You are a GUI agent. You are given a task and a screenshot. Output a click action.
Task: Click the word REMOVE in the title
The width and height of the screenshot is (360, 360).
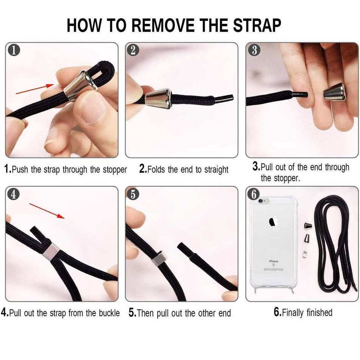pos(163,25)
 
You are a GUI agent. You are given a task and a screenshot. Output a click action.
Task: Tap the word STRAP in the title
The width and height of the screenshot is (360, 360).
pos(257,25)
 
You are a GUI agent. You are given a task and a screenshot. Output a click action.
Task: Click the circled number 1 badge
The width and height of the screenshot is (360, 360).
pos(14,50)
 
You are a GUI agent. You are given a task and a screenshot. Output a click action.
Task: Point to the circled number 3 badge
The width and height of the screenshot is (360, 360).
pos(254,50)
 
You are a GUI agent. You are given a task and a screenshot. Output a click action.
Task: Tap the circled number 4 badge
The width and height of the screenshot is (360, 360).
pos(14,194)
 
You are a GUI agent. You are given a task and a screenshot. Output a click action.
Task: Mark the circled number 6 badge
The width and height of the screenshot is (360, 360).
pos(254,194)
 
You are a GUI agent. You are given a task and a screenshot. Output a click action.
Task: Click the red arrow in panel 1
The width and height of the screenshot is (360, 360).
pos(35,89)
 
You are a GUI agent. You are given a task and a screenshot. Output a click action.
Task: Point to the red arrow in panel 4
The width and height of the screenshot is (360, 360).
pos(47,211)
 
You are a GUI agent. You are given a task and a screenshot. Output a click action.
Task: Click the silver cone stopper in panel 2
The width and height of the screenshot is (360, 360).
pos(158,98)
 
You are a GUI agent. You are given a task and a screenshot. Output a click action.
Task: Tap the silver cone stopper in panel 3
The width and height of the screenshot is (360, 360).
pos(334,92)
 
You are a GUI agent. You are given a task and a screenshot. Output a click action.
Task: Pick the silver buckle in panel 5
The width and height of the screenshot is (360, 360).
pos(159,259)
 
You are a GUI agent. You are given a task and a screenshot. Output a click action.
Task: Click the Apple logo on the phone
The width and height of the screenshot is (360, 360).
pos(273,222)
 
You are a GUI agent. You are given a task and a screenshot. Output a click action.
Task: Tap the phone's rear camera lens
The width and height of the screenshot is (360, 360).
pos(261,201)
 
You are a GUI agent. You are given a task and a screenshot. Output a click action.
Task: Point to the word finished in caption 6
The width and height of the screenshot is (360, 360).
pos(320,312)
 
